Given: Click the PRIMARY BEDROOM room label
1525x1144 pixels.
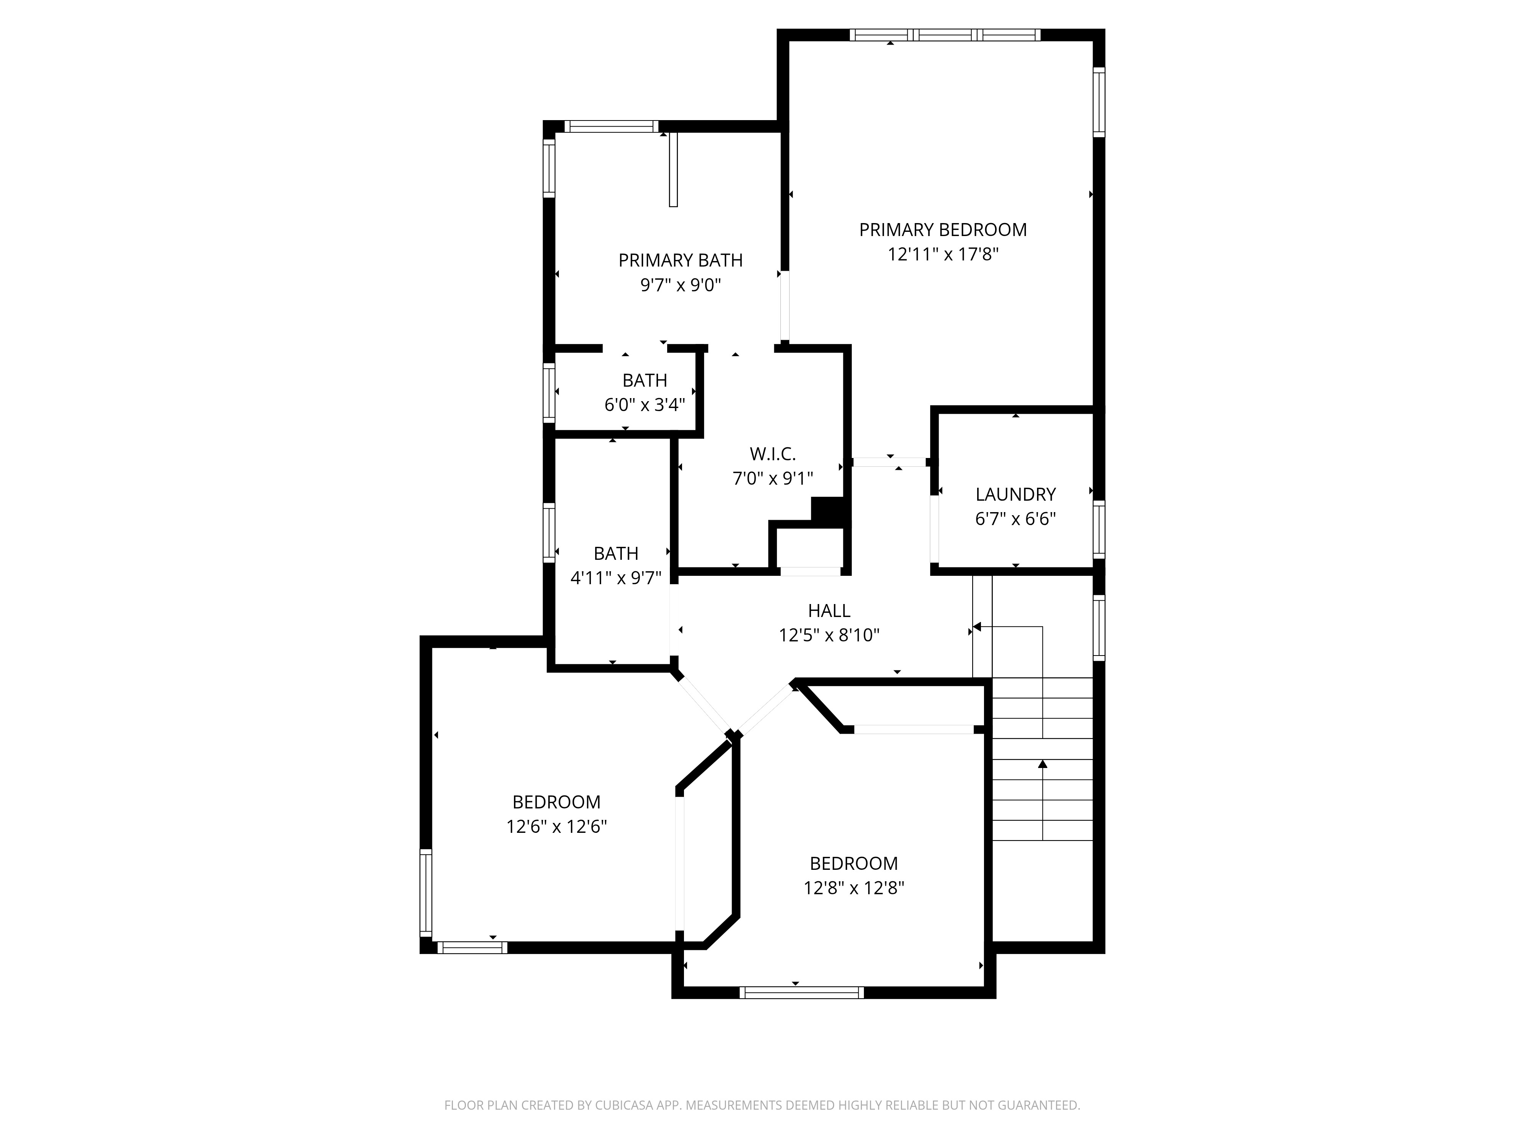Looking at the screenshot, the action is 942,230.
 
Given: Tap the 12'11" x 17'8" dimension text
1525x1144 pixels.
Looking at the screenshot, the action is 942,254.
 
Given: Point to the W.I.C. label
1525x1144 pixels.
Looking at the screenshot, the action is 773,454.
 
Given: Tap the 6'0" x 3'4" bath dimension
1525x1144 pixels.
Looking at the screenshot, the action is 645,405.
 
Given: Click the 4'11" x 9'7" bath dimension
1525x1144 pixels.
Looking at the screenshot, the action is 616,578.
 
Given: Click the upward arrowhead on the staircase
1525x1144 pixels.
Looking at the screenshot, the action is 1042,763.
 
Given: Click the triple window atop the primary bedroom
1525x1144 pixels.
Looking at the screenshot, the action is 944,34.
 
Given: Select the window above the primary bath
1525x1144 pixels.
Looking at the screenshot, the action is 612,126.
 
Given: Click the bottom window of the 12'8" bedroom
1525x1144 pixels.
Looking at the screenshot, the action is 802,992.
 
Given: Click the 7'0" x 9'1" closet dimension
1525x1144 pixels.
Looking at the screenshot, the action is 773,479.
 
